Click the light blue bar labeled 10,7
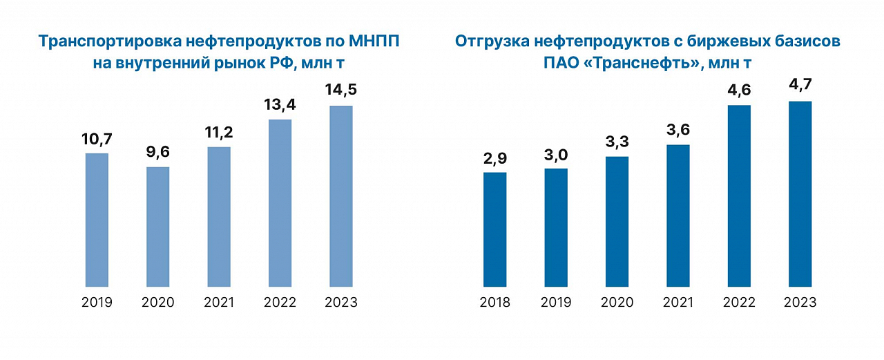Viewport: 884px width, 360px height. pos(97,220)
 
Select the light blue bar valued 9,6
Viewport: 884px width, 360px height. pos(157,227)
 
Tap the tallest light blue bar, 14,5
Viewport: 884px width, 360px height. pos(341,196)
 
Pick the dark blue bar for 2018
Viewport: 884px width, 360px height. pos(494,229)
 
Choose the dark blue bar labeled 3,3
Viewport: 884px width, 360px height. pos(617,222)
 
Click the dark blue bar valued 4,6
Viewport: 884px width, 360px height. pos(739,196)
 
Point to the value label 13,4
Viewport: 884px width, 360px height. pos(280,104)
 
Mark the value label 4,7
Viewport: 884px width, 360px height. pos(800,86)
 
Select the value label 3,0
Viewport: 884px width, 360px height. pos(556,153)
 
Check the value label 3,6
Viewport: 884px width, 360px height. pos(678,129)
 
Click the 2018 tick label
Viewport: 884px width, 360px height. pos(494,303)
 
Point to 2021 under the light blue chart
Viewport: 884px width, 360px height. pos(219,303)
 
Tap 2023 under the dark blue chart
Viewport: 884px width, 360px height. pos(800,303)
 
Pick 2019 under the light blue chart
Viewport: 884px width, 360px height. pos(97,303)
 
